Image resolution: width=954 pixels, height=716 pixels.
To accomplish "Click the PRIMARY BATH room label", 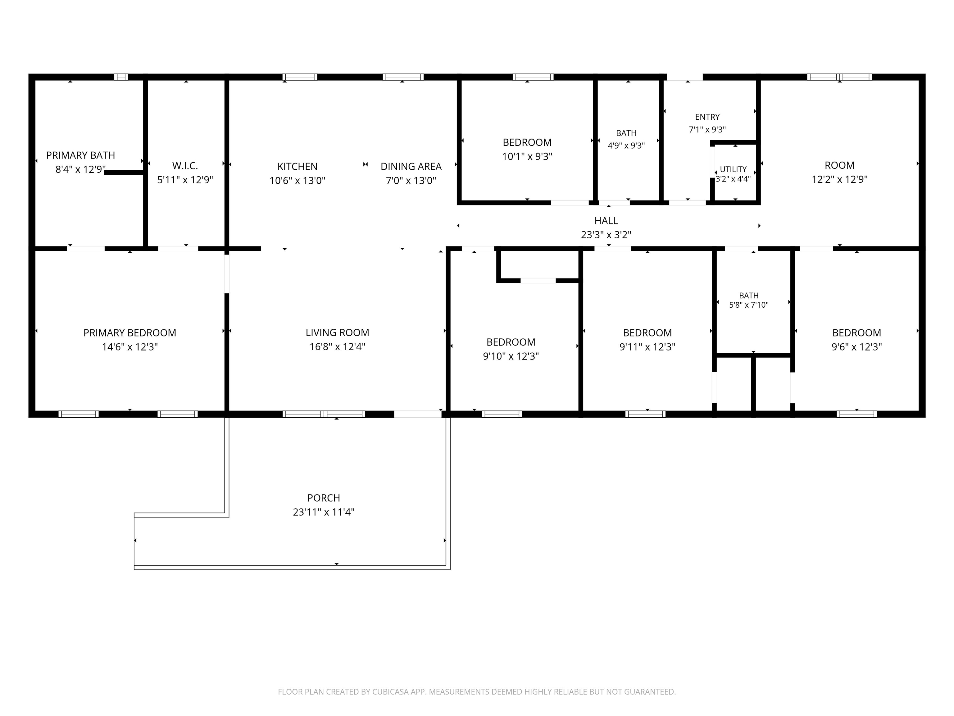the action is point(81,155).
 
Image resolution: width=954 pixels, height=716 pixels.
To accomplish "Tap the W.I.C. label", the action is point(185,166).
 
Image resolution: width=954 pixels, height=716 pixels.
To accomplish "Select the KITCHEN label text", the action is point(297,167).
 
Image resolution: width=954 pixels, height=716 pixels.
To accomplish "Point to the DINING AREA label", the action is point(411,167).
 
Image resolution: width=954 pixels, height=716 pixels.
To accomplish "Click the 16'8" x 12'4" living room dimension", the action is point(337,347).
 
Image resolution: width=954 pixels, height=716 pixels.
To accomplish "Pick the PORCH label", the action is point(324,498).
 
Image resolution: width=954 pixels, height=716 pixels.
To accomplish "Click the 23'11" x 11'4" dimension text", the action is point(324,512).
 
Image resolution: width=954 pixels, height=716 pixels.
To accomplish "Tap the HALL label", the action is point(606,221).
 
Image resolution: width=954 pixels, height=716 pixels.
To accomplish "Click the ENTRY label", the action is point(707,117).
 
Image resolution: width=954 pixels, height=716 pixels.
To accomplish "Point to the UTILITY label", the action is point(733,169).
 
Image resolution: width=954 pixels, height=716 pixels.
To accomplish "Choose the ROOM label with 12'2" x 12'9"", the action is point(839,165).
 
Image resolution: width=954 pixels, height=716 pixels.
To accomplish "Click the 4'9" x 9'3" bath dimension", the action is point(626,145).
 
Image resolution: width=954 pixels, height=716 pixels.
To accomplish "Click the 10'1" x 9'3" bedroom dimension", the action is point(527,156).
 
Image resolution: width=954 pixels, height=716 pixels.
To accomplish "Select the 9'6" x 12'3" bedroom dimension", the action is point(856,347).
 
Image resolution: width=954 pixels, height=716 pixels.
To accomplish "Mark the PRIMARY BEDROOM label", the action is point(130,333).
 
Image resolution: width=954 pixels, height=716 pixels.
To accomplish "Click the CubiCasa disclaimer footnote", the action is point(477,692).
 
